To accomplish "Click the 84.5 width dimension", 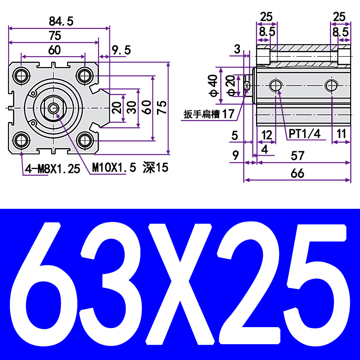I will coord(61,21).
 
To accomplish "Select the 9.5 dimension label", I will coord(121,50).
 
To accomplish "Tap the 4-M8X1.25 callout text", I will coord(52,169).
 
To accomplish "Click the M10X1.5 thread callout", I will coord(114,168).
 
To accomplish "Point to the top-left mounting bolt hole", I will coord(21,75).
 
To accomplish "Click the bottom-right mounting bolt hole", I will coord(85,141).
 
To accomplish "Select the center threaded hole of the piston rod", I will coord(53,108).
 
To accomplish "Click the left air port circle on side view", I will coord(275,85).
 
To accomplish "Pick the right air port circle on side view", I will coord(332,85).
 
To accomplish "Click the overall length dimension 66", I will coord(297,173).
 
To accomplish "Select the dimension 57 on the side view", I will coord(297,156).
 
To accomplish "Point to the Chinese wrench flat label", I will coord(209,114).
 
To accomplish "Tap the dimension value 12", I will coord(267,134).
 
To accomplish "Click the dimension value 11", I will coord(342,134).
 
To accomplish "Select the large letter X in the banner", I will coord(180,283).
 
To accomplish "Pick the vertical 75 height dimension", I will coord(162,107).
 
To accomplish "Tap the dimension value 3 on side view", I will coord(237,49).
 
